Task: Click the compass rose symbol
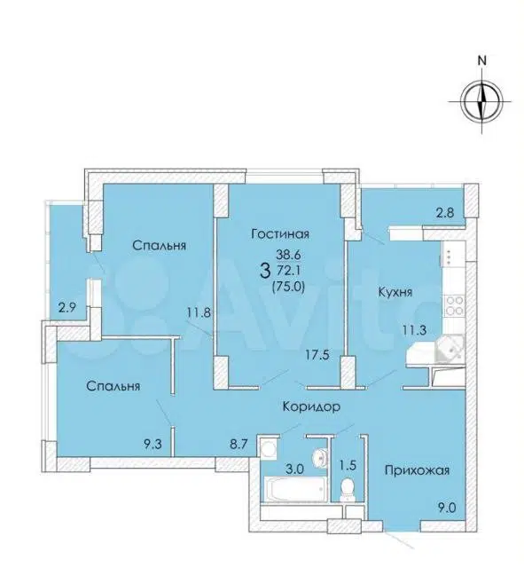[x=481, y=102]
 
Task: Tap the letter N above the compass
[x=481, y=60]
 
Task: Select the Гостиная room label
[x=280, y=234]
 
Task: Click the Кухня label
[x=395, y=292]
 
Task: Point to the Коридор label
[x=311, y=407]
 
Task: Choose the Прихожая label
[x=417, y=470]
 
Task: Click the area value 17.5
[x=317, y=355]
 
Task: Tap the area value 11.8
[x=199, y=312]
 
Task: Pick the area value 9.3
[x=151, y=444]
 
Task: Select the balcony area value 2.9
[x=68, y=309]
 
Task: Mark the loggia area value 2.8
[x=444, y=212]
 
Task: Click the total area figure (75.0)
[x=288, y=287]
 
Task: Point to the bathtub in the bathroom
[x=294, y=489]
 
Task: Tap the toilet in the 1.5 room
[x=348, y=489]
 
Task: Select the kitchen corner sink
[x=450, y=348]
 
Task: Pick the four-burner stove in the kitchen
[x=454, y=305]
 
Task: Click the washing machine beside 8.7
[x=268, y=447]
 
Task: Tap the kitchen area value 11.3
[x=415, y=330]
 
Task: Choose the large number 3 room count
[x=265, y=271]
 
